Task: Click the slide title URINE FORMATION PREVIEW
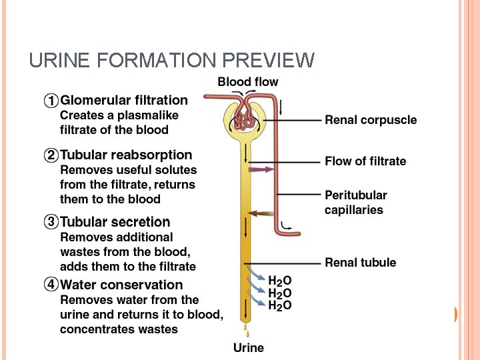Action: pyautogui.click(x=171, y=61)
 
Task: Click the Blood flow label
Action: pyautogui.click(x=248, y=82)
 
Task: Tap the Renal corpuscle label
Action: pyautogui.click(x=371, y=120)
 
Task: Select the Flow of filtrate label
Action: pyautogui.click(x=365, y=161)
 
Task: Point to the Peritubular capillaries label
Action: pyautogui.click(x=355, y=203)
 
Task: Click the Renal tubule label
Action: pyautogui.click(x=360, y=263)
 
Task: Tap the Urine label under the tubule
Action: pyautogui.click(x=248, y=347)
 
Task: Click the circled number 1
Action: pyautogui.click(x=51, y=101)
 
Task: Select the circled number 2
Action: pyautogui.click(x=51, y=155)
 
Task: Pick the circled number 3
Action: pyautogui.click(x=51, y=222)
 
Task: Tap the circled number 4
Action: pyautogui.click(x=51, y=285)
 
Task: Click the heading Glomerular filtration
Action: pyautogui.click(x=124, y=101)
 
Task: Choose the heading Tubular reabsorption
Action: pyautogui.click(x=126, y=155)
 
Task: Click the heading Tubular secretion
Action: pyautogui.click(x=115, y=222)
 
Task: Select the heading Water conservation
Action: pyautogui.click(x=121, y=285)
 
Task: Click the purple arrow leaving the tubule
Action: pyautogui.click(x=261, y=169)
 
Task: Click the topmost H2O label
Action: pyautogui.click(x=279, y=281)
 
